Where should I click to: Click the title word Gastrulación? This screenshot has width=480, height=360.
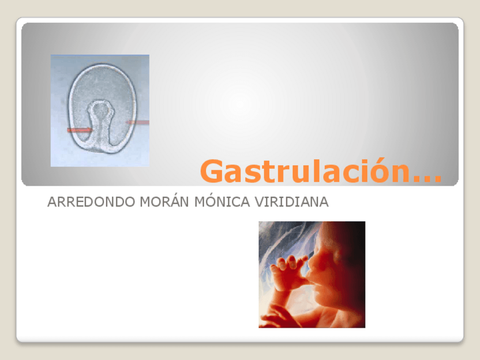[x=306, y=171]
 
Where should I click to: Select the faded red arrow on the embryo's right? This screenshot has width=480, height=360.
[x=138, y=122]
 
